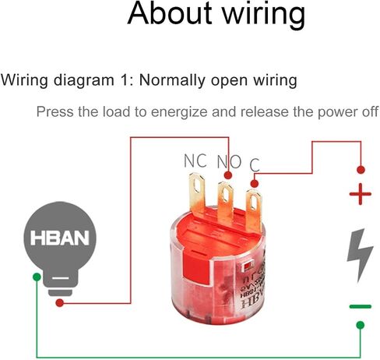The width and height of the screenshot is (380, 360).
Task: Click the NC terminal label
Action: click(x=195, y=161)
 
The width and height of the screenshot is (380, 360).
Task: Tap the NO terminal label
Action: click(x=229, y=162)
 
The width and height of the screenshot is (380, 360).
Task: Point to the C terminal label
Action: click(x=255, y=165)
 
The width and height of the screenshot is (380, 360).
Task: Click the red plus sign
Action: click(x=361, y=194)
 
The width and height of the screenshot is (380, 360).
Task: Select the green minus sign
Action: click(x=361, y=306)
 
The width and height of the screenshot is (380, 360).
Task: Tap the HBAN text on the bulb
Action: click(x=60, y=238)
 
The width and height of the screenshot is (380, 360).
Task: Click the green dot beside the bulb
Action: click(x=37, y=277)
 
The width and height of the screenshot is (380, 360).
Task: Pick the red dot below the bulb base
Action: click(x=60, y=303)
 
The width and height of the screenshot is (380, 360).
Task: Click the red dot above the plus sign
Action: click(x=361, y=170)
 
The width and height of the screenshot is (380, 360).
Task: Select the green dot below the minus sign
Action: click(x=361, y=325)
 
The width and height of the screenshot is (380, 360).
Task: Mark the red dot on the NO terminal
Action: click(x=228, y=175)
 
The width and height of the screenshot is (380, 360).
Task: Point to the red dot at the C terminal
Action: click(x=255, y=184)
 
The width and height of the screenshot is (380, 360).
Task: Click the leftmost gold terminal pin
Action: click(x=197, y=194)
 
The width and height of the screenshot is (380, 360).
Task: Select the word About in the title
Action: click(x=170, y=13)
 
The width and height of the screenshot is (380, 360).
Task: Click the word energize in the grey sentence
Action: click(x=179, y=112)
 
